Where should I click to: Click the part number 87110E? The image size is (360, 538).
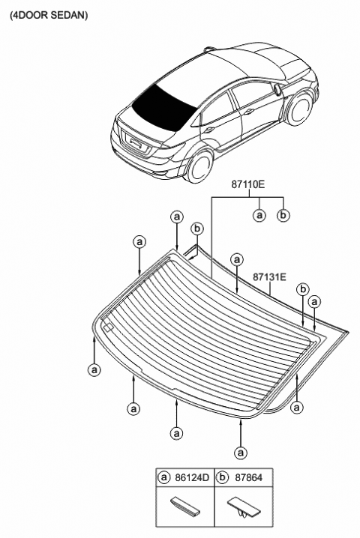tap(247, 184)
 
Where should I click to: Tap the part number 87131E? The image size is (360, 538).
tap(269, 277)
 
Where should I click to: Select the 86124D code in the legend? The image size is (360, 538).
tap(192, 477)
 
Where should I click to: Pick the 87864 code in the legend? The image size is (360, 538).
tap(248, 477)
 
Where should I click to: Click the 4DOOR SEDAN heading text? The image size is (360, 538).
tap(49, 15)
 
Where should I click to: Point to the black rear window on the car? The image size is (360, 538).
tap(164, 106)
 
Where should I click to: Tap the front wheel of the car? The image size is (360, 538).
tap(300, 109)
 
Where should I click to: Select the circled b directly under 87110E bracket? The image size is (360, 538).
tap(283, 215)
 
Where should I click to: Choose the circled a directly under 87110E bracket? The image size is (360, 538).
tap(259, 215)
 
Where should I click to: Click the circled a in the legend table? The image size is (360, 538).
tap(164, 477)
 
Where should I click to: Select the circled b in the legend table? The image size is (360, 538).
tap(223, 477)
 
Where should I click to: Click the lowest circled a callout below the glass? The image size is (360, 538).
tap(241, 453)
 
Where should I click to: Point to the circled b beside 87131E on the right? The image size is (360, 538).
tap(303, 289)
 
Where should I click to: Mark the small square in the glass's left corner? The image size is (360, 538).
tap(108, 327)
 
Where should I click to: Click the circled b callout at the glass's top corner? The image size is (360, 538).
tap(196, 229)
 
